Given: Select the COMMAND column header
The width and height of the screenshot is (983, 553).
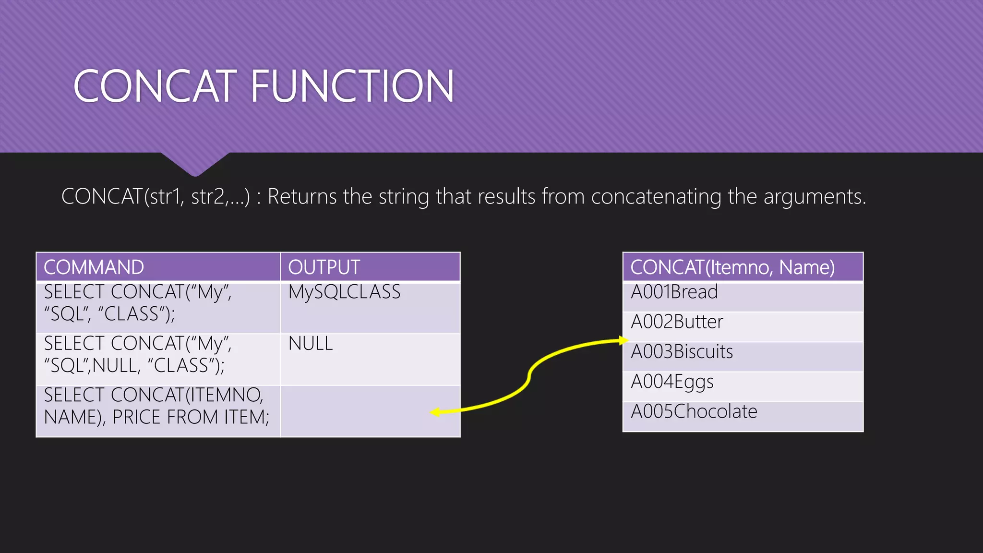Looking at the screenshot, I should (94, 267).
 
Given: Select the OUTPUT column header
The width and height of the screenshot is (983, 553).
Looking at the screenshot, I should (324, 267).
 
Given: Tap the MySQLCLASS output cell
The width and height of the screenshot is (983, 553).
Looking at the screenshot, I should (344, 292).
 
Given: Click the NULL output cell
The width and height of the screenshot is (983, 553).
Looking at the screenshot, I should (311, 344).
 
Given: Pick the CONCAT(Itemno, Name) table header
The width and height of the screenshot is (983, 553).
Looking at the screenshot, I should (732, 267).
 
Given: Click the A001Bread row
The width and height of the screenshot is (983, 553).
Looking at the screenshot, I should (674, 292).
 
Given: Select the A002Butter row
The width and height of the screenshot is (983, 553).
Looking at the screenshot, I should (677, 322).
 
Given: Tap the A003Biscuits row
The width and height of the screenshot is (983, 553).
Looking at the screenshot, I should (682, 352).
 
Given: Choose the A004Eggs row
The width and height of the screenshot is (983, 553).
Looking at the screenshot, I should (672, 382).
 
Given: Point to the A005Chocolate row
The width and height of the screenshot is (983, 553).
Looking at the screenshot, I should (694, 412).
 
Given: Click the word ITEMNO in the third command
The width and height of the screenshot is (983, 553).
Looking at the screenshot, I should (225, 395).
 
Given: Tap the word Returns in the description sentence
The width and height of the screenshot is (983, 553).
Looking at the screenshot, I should (302, 197).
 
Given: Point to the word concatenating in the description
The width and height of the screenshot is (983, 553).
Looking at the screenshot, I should (656, 197).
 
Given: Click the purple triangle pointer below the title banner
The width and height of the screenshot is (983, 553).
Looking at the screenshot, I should (195, 163).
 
